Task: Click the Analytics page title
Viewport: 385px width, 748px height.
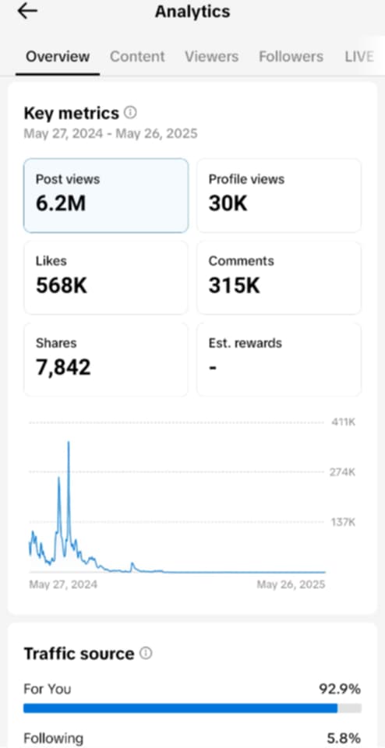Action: coord(192,12)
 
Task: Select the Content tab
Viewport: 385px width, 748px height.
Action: coord(137,56)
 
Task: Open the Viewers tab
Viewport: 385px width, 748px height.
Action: coord(212,56)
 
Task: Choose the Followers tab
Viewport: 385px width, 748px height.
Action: coord(291,56)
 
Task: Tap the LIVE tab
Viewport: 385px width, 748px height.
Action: coord(359,56)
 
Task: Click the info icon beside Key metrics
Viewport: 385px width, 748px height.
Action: coord(130,113)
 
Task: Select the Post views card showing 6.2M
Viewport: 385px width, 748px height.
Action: coord(106,196)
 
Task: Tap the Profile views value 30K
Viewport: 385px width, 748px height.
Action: coord(228,204)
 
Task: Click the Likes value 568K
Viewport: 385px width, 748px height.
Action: coord(62,286)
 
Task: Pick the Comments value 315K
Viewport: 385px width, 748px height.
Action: coord(235,286)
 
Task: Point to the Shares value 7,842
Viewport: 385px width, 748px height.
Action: coord(63,368)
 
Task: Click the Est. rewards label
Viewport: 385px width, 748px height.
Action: coord(245,343)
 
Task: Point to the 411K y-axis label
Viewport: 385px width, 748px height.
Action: coord(344,422)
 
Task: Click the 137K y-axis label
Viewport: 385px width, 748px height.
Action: coord(344,522)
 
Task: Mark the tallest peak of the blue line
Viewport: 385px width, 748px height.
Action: coord(69,443)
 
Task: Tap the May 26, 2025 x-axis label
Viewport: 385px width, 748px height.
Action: coord(291,584)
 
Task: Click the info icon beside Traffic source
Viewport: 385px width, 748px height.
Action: coord(146,653)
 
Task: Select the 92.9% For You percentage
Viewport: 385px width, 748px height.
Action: coord(340,690)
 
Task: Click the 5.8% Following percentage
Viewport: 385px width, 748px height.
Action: coord(344,739)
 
